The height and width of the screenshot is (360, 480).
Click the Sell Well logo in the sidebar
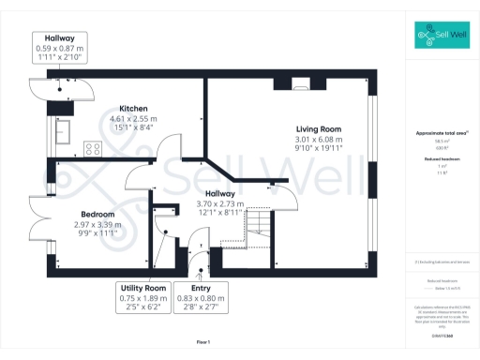point(442,37)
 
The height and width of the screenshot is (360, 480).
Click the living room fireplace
point(300,82)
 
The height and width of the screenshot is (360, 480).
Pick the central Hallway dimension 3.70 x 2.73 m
point(218,203)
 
